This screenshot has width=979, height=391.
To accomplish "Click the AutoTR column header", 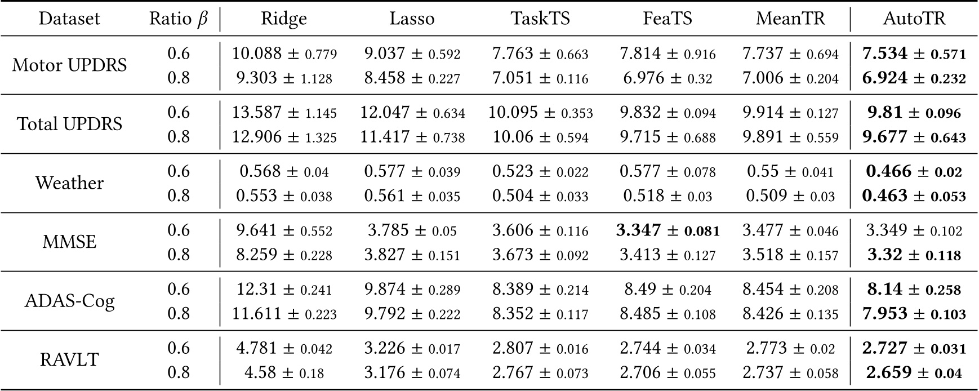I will click(x=914, y=19).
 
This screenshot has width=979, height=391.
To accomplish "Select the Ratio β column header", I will click(x=178, y=19).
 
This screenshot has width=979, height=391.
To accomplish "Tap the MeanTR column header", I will click(x=790, y=19).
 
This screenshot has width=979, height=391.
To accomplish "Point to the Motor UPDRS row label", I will click(x=70, y=65).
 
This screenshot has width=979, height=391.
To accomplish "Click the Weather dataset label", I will click(x=70, y=183).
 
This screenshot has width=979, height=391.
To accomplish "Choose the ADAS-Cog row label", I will click(x=70, y=301).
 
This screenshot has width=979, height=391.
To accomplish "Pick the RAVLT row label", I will click(x=70, y=360).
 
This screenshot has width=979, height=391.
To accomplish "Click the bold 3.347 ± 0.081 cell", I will click(x=667, y=230).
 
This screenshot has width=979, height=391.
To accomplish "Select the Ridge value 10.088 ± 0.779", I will click(x=284, y=54).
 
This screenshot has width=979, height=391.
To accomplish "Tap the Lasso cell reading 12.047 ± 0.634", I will click(x=412, y=113).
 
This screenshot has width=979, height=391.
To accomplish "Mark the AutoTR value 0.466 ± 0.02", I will click(x=914, y=171).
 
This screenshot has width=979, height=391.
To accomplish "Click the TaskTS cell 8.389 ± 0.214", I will click(x=540, y=290).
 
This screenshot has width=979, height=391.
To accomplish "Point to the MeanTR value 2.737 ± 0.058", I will click(x=790, y=372).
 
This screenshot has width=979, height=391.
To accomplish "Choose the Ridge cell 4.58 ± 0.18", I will click(x=284, y=372).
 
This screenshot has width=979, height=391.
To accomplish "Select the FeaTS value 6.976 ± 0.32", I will click(x=667, y=78).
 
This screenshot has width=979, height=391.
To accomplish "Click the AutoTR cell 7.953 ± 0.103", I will click(x=914, y=313).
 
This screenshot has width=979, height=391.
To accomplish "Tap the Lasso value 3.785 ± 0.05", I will click(x=412, y=230).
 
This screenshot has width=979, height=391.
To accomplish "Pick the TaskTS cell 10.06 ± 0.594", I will click(x=540, y=137).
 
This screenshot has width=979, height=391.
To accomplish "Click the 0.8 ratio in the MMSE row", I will click(x=179, y=255).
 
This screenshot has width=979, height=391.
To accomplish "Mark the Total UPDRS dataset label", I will click(x=70, y=124).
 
